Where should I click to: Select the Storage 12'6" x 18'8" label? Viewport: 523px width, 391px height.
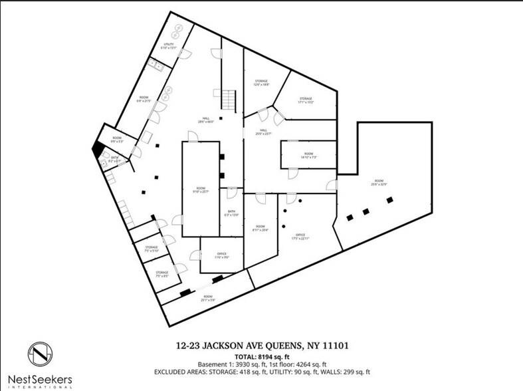pyautogui.click(x=261, y=83)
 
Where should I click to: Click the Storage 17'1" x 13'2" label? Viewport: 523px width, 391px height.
pyautogui.click(x=304, y=100)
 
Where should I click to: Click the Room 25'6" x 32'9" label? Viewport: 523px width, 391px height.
pyautogui.click(x=379, y=182)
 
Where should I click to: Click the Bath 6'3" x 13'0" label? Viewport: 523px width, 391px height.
pyautogui.click(x=231, y=213)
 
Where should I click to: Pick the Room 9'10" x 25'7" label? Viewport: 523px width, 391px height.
pyautogui.click(x=201, y=190)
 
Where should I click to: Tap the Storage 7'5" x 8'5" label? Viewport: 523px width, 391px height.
pyautogui.click(x=161, y=273)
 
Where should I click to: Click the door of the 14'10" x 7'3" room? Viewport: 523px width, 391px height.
pyautogui.click(x=292, y=174)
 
